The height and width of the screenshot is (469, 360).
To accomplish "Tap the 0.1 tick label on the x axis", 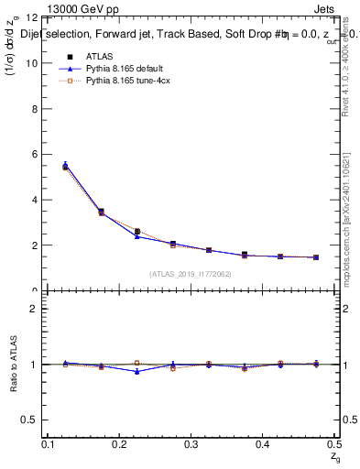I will pyautogui.click(x=48, y=444).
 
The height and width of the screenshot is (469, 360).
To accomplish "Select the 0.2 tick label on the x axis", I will pyautogui.click(x=119, y=444).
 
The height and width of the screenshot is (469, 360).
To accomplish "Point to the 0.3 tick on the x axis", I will pyautogui.click(x=191, y=444).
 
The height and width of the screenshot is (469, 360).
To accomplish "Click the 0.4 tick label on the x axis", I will pyautogui.click(x=263, y=444).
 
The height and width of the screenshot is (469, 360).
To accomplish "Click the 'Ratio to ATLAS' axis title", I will pyautogui.click(x=12, y=364).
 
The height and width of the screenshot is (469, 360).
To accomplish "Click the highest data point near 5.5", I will pyautogui.click(x=65, y=166).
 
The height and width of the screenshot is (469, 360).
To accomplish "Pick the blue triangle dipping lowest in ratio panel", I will pyautogui.click(x=136, y=371).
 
